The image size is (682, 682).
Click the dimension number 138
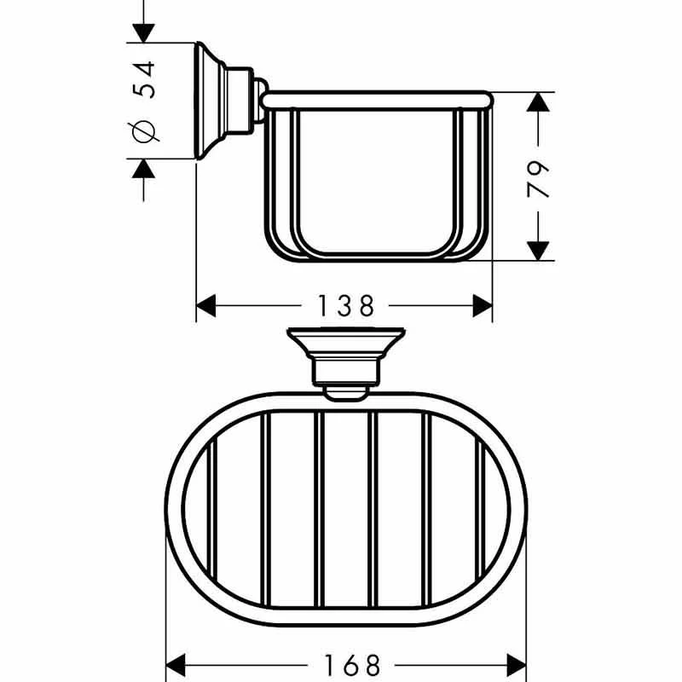[x=346, y=304]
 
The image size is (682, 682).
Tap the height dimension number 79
[x=539, y=177]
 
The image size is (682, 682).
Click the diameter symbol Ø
[x=145, y=132]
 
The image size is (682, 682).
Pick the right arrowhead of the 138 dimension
[x=482, y=304]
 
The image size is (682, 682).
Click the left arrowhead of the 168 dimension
[x=176, y=662]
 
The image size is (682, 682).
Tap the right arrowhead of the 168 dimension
[x=517, y=662]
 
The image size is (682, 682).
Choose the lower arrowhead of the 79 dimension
[x=537, y=250]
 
